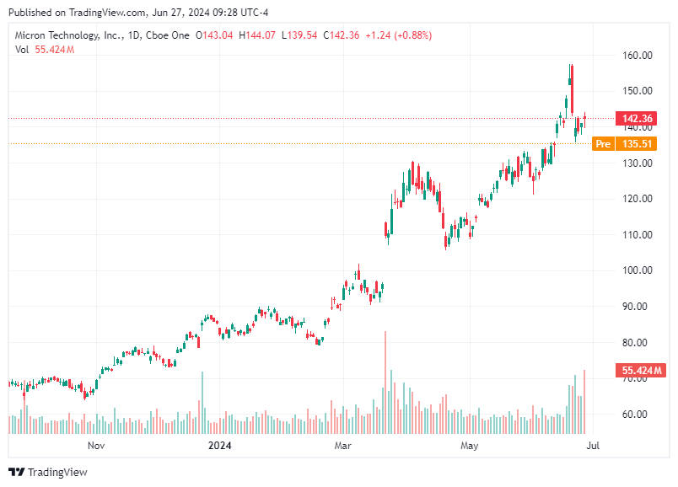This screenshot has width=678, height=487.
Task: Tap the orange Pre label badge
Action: [602, 144]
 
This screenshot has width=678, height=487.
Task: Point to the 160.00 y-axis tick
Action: [638, 56]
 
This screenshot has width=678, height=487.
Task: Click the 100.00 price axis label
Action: [638, 270]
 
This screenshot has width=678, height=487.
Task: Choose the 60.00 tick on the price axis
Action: [638, 415]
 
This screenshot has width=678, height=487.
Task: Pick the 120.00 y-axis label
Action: [638, 199]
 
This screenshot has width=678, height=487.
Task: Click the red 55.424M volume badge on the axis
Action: [642, 370]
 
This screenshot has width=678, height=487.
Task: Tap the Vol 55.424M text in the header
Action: [45, 50]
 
